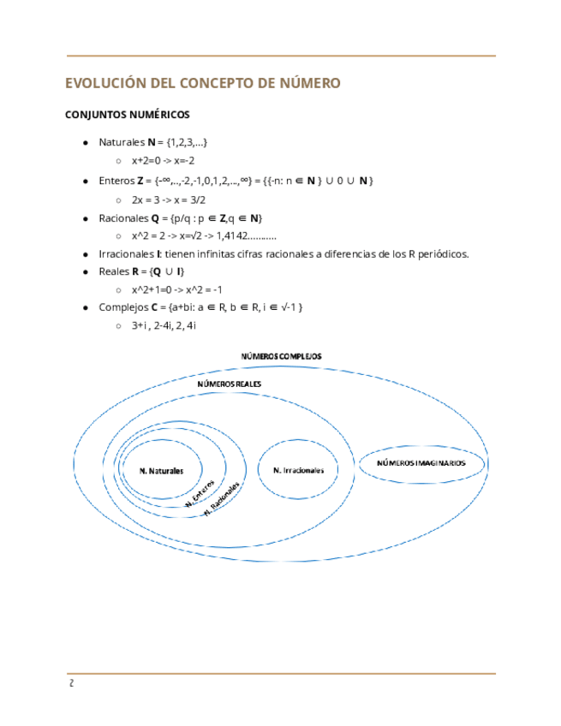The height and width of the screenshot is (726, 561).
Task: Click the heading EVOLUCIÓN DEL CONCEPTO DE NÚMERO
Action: coord(203,83)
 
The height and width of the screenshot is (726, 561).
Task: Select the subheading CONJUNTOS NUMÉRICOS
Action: coord(128,115)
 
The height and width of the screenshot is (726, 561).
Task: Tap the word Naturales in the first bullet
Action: coord(122,141)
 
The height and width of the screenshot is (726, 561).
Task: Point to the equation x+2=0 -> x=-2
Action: coord(164,160)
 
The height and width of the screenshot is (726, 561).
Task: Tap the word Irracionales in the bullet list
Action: coord(128,254)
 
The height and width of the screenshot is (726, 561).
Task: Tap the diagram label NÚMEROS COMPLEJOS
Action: coord(281,355)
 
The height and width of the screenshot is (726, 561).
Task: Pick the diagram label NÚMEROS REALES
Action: coord(229,385)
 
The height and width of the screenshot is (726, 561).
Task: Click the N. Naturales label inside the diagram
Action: coord(161,470)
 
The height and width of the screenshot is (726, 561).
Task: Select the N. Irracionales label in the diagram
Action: coord(299,471)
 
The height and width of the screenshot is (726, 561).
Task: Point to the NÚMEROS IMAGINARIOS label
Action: coord(422,462)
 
